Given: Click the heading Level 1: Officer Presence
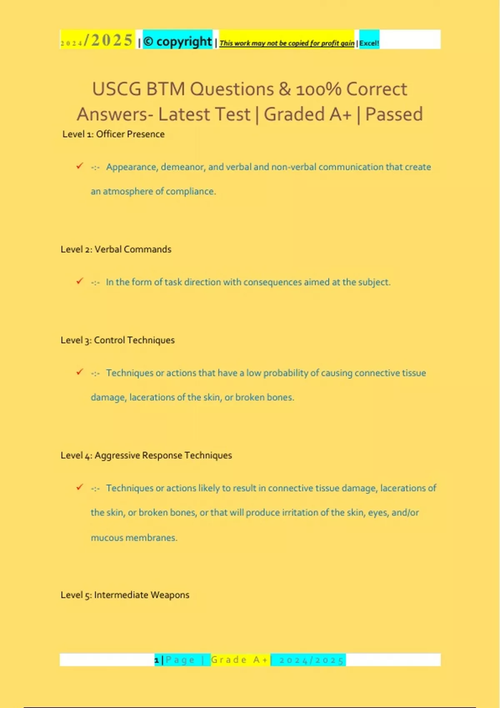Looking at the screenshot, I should tap(113, 134).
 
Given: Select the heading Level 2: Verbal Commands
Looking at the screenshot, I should tap(116, 249).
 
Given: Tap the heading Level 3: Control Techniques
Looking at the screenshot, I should tap(117, 340).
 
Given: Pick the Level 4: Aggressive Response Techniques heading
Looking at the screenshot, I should tap(146, 455).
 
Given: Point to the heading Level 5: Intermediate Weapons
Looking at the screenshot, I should tap(125, 595).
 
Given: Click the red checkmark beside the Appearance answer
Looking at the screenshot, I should tap(80, 166).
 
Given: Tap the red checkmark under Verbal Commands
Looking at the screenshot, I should tap(80, 282).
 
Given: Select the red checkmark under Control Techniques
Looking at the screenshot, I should tap(80, 372).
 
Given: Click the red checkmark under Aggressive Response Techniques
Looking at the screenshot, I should tap(80, 487).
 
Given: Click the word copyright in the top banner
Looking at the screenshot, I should tap(184, 41).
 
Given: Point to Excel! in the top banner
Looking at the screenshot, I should tap(369, 43).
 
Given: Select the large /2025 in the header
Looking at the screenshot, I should tap(108, 40).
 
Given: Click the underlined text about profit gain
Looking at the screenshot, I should tap(287, 43).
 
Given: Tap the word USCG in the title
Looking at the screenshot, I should tap(116, 89).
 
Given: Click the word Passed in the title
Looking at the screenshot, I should tap(394, 114).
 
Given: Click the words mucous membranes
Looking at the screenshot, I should tap(134, 538).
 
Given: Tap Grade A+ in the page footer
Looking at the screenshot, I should tap(240, 660).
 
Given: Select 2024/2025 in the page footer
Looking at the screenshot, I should tap(311, 660).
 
